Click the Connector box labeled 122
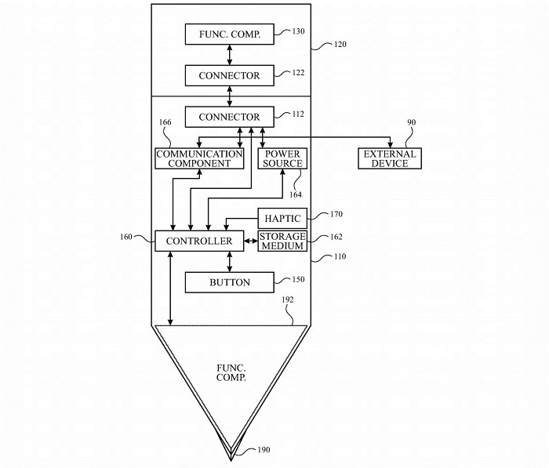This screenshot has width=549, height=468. coord(229,75)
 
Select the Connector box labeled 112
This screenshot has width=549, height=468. coord(229,117)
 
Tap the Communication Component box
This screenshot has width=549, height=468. coord(199,158)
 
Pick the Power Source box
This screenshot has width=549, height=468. coord(282,158)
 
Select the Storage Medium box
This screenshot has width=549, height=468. coord(282,241)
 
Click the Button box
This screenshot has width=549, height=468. coord(229,282)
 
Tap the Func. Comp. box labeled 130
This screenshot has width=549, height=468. coord(229,34)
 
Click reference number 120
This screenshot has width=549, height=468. coord(340,45)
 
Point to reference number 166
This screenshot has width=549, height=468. coord(165,122)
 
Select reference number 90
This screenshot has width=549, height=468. coord(413,123)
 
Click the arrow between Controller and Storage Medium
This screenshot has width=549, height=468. coord(251,241)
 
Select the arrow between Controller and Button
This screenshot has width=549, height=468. coord(229,262)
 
